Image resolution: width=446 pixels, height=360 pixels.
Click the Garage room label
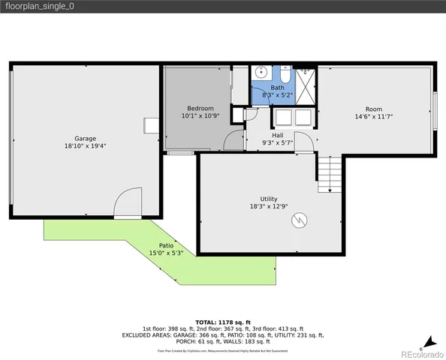tap(84, 139)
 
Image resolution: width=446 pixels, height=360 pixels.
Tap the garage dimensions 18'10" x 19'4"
tap(84, 146)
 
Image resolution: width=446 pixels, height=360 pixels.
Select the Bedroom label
tap(200, 108)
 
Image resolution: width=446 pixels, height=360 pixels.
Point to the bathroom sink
tap(261, 73)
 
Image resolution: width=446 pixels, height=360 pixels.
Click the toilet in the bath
tap(286, 75)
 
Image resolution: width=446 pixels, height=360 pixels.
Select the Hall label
tap(277, 135)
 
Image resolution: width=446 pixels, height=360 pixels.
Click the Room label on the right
tap(374, 109)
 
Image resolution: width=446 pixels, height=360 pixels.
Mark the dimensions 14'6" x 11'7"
tap(374, 116)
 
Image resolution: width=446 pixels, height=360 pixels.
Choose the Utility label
tap(269, 198)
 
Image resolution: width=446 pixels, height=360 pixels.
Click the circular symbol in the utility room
tap(300, 220)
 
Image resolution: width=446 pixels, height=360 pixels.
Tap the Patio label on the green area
tap(166, 245)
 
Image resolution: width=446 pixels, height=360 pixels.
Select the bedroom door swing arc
tap(236, 139)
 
